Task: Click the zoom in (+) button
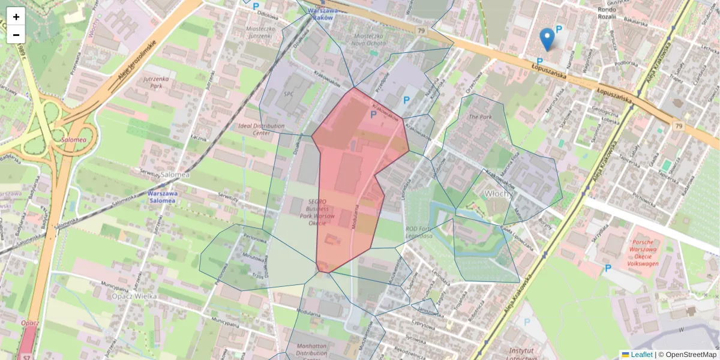16,17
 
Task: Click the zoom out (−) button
16,35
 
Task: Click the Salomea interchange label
73,139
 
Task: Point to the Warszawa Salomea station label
162,197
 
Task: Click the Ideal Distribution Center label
262,130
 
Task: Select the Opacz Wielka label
134,296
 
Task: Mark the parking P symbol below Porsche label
608,268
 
